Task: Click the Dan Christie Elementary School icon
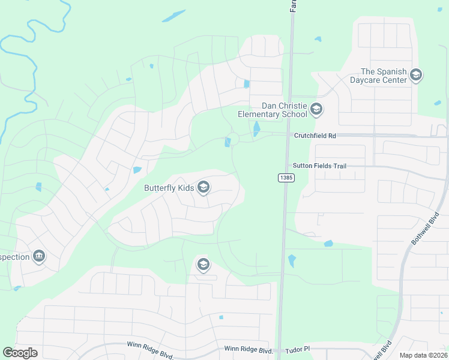[x=317, y=110]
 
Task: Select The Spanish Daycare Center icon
[x=416, y=76]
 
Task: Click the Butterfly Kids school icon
[x=203, y=188]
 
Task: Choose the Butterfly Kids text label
[x=169, y=188]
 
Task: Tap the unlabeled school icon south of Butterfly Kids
[x=203, y=264]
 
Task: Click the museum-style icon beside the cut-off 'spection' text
[x=39, y=257]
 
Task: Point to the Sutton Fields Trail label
[x=320, y=166]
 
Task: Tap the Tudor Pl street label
[x=297, y=349]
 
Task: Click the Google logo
[x=20, y=352]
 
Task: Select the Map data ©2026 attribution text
[x=424, y=355]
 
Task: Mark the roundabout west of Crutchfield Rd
[x=234, y=139]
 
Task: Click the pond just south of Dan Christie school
[x=256, y=128]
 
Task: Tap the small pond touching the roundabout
[x=228, y=142]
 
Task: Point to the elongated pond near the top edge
[x=173, y=16]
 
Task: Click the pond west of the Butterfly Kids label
[x=137, y=170]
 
